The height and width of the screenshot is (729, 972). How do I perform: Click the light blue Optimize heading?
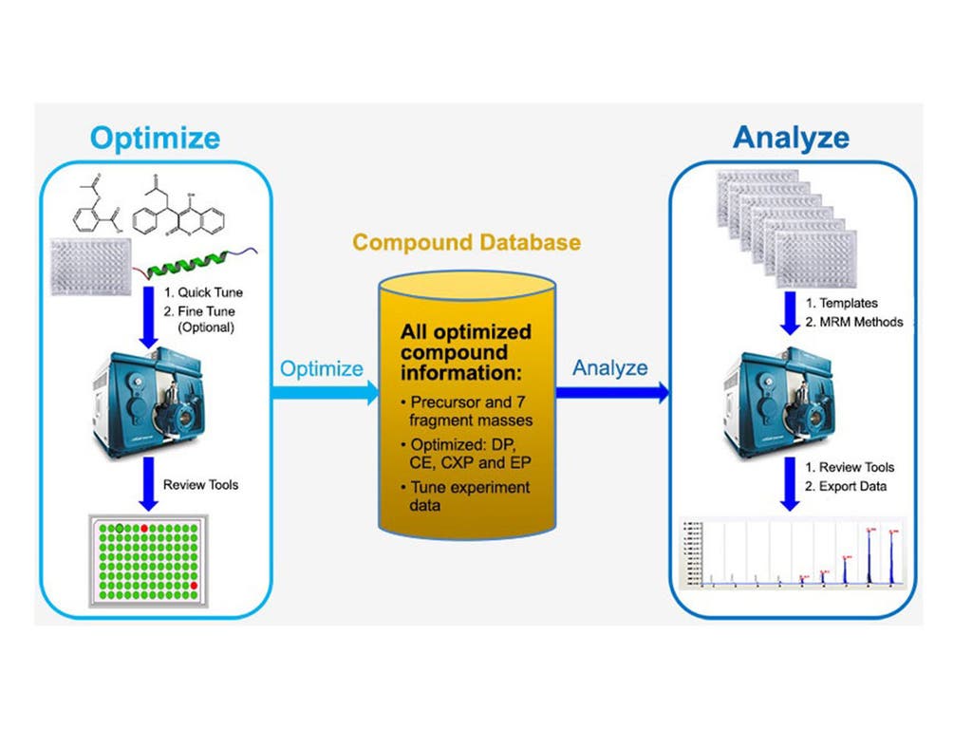(x=155, y=138)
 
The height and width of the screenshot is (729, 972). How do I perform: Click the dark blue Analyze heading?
(x=791, y=138)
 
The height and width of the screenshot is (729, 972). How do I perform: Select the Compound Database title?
(x=466, y=242)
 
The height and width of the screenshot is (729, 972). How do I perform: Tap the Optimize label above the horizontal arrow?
(x=321, y=367)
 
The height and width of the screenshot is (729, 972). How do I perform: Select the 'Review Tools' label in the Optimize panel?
(x=200, y=484)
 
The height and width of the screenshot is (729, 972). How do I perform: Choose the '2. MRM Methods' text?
(x=854, y=322)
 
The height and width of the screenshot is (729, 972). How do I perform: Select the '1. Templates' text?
(x=841, y=304)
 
